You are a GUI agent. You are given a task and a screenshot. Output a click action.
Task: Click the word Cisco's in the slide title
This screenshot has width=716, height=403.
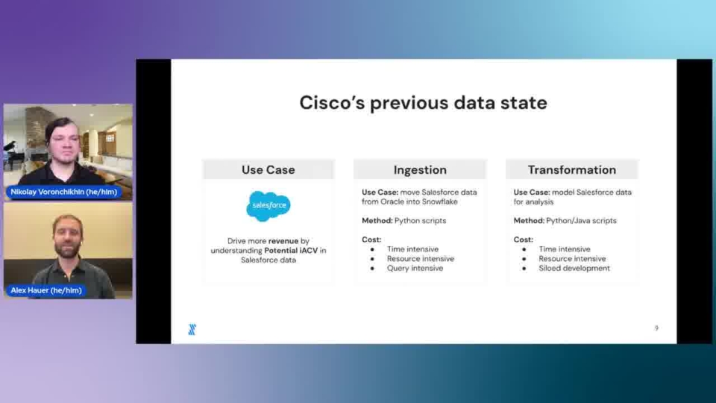tap(332, 103)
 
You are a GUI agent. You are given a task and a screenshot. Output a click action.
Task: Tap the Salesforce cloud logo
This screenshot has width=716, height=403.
tap(268, 206)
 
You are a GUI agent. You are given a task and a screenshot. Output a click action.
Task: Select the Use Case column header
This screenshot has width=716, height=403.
tap(268, 170)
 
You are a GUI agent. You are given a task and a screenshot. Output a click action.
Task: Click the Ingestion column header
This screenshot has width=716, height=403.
tap(420, 170)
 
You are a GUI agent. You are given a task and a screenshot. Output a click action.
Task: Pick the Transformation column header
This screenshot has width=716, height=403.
tap(572, 170)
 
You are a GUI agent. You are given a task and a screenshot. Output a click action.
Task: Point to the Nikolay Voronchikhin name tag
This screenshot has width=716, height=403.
tap(64, 192)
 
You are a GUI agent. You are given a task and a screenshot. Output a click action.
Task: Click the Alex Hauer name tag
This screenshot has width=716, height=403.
tap(46, 290)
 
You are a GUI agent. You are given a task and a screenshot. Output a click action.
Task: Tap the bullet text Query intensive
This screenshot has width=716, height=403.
tap(415, 268)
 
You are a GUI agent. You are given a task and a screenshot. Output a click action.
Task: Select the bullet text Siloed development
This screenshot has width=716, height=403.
tap(574, 268)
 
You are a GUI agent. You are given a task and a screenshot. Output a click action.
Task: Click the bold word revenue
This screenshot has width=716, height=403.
tap(283, 241)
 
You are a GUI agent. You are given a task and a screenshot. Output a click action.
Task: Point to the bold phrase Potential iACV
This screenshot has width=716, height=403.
tap(291, 251)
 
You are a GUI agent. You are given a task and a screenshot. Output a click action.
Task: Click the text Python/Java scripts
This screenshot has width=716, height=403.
tap(581, 221)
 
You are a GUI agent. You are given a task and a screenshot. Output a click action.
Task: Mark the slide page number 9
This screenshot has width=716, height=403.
tap(656, 328)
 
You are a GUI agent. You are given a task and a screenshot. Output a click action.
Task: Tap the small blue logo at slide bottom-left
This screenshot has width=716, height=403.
tap(192, 329)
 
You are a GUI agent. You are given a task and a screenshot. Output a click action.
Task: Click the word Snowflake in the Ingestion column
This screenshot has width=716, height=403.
tap(440, 201)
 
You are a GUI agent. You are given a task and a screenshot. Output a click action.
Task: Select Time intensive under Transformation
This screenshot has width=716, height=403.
tap(565, 249)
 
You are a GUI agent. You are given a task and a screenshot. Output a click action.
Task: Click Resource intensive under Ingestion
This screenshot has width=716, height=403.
tap(421, 259)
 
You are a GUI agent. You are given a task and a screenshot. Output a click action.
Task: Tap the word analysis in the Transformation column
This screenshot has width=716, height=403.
tap(539, 202)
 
